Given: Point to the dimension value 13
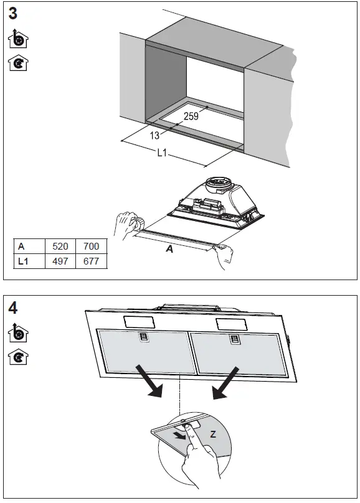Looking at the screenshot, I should pyautogui.click(x=156, y=135).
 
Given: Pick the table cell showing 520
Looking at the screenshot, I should pyautogui.click(x=60, y=247).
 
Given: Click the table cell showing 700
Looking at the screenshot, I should pyautogui.click(x=91, y=247).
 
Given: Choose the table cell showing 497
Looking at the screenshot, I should pyautogui.click(x=60, y=261).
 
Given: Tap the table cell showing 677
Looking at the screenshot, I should pyautogui.click(x=91, y=261).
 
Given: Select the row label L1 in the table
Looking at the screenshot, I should pyautogui.click(x=24, y=261).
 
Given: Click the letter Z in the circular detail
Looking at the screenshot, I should pyautogui.click(x=213, y=434).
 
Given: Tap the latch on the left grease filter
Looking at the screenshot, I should pyautogui.click(x=143, y=339).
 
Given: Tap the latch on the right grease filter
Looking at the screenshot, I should pyautogui.click(x=235, y=339).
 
